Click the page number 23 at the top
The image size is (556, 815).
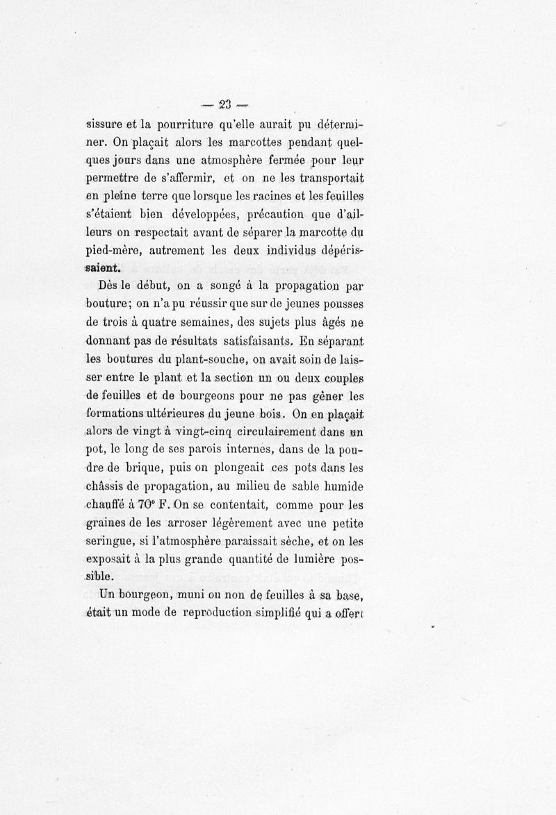click(224, 106)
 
